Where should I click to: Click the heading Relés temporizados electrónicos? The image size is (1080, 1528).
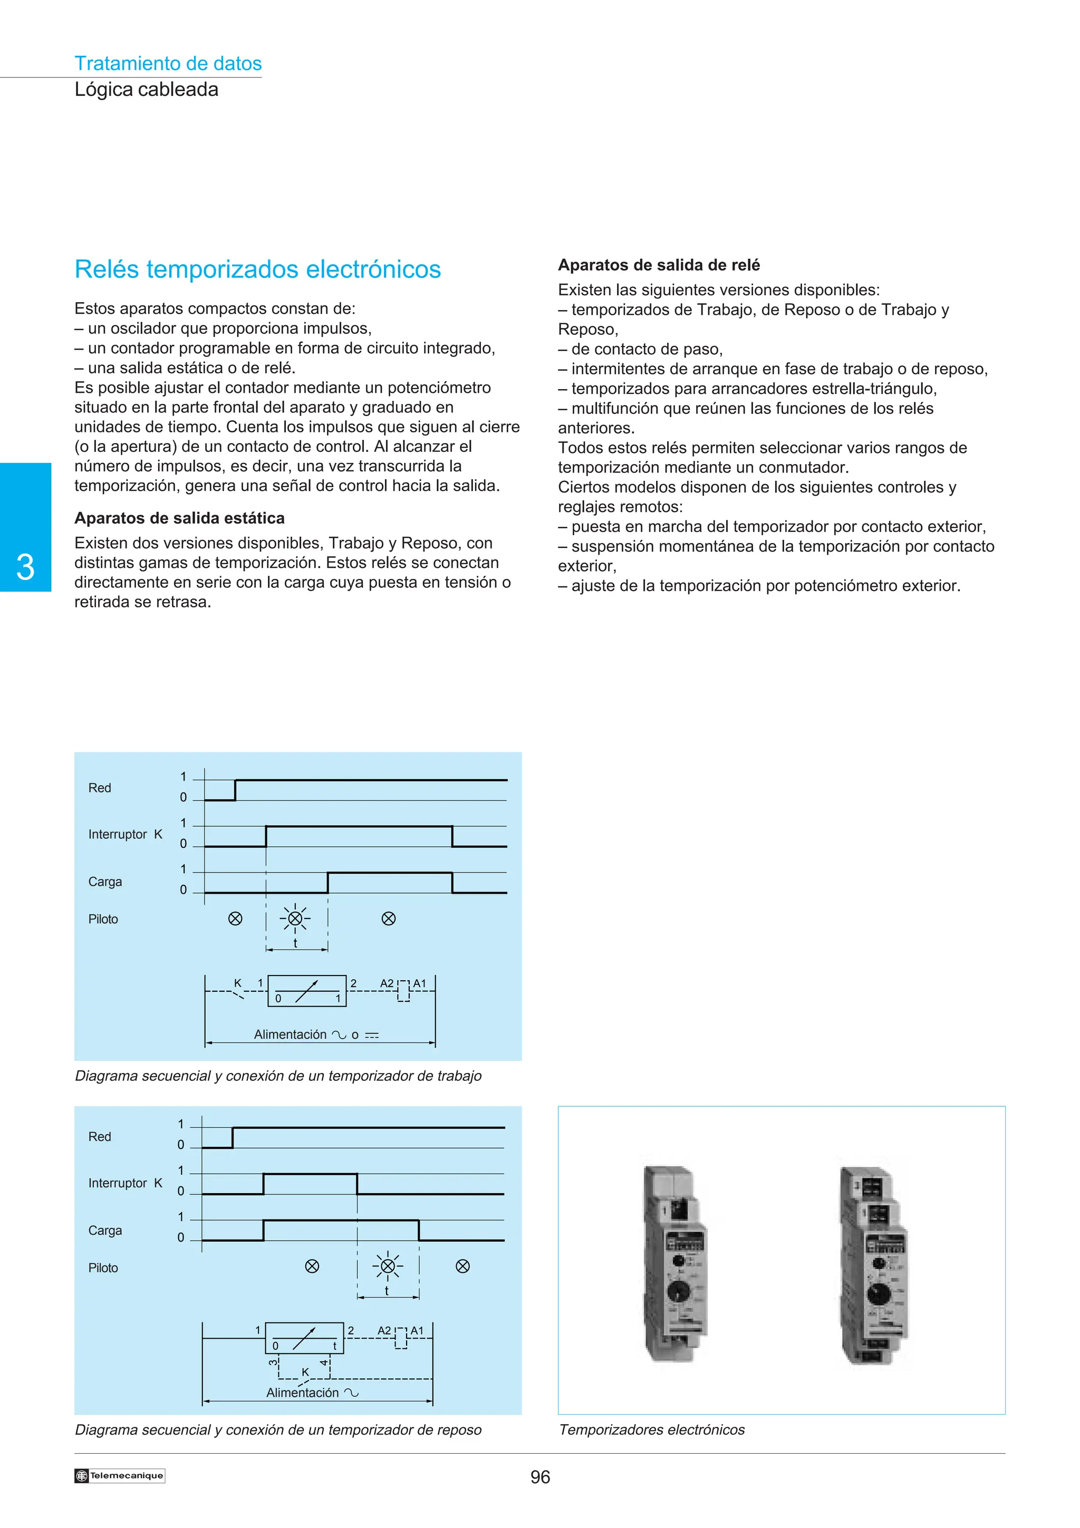pyautogui.click(x=257, y=269)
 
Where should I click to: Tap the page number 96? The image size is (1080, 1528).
pyautogui.click(x=539, y=1477)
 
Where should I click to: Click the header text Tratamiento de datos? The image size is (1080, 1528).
pyautogui.click(x=168, y=63)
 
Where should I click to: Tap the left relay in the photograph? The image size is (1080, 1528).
pyautogui.click(x=673, y=1264)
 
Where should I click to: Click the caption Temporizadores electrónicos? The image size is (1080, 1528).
pyautogui.click(x=651, y=1429)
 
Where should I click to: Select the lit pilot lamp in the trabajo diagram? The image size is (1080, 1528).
pyautogui.click(x=295, y=919)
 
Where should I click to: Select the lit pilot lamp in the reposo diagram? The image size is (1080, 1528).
pyautogui.click(x=387, y=1266)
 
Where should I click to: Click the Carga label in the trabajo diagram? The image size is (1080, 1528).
pyautogui.click(x=105, y=882)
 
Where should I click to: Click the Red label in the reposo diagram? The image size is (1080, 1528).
pyautogui.click(x=100, y=1137)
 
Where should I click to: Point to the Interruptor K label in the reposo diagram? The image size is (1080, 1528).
pyautogui.click(x=125, y=1183)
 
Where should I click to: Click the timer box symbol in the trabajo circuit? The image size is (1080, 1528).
pyautogui.click(x=307, y=991)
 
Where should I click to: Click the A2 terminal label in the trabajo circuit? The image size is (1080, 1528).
pyautogui.click(x=387, y=984)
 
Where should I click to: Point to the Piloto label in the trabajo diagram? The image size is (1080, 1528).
pyautogui.click(x=103, y=919)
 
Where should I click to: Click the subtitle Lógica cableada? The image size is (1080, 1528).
pyautogui.click(x=147, y=89)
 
